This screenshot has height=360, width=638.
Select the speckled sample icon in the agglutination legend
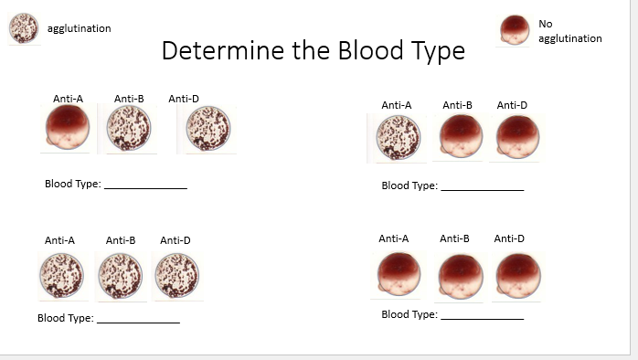pyautogui.click(x=23, y=28)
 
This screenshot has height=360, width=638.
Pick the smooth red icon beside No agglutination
pyautogui.click(x=515, y=29)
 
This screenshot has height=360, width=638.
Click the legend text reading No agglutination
pyautogui.click(x=569, y=31)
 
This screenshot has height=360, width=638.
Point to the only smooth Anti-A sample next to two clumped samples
pyautogui.click(x=67, y=128)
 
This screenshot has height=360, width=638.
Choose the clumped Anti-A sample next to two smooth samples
pyautogui.click(x=397, y=139)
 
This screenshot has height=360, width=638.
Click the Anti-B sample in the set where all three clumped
pyautogui.click(x=120, y=275)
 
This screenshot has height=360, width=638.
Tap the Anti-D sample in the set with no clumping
pyautogui.click(x=517, y=275)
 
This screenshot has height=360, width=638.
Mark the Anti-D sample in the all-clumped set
pyautogui.click(x=176, y=275)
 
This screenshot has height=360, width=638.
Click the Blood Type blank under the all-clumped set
pyautogui.click(x=138, y=319)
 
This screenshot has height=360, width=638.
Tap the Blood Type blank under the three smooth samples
pyautogui.click(x=482, y=315)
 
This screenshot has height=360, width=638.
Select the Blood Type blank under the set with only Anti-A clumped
pyautogui.click(x=482, y=185)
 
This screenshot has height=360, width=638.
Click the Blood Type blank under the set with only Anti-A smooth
pyautogui.click(x=145, y=184)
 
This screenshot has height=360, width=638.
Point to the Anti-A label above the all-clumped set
pyautogui.click(x=59, y=240)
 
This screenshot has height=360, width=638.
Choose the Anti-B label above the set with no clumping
pyautogui.click(x=454, y=238)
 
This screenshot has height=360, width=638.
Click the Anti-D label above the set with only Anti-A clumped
pyautogui.click(x=512, y=105)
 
